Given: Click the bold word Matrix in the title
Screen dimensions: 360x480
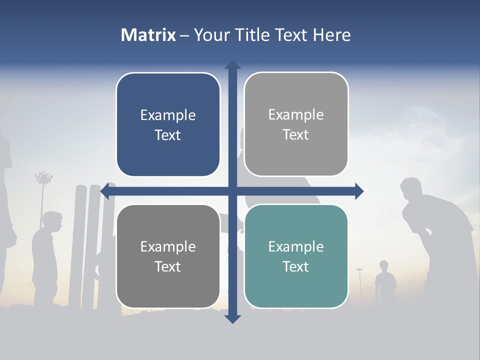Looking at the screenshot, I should (148, 35).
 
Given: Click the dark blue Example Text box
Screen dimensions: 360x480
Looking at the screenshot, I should (168, 125).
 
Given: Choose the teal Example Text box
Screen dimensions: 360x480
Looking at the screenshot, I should (296, 256).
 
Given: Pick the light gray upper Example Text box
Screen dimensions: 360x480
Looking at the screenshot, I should (296, 124).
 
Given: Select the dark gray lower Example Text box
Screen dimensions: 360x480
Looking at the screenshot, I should (168, 256).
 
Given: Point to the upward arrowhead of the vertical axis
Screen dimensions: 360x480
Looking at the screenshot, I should (232, 65).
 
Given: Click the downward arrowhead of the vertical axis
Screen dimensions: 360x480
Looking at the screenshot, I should (232, 318).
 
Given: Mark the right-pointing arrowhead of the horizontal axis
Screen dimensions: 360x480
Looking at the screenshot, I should (359, 191).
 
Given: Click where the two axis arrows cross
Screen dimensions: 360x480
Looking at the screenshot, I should (232, 191).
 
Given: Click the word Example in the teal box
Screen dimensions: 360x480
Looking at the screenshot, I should (296, 246).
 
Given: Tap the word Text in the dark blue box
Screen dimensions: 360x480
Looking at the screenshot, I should (168, 135).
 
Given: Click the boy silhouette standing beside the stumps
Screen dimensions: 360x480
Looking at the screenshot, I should (47, 250).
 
